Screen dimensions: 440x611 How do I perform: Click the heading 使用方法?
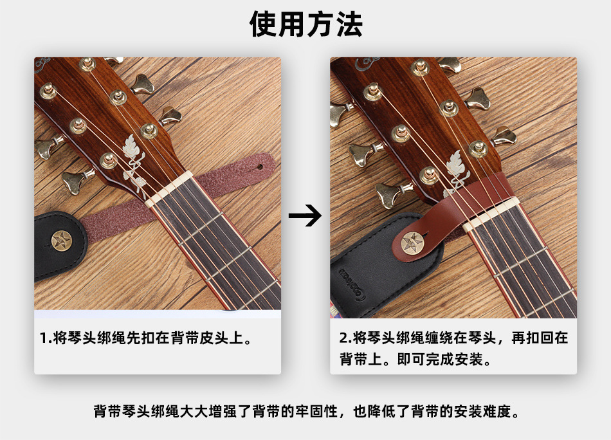[x=305, y=24]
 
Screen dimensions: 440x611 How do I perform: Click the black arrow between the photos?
[x=304, y=216]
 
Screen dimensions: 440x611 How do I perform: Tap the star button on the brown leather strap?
[x=411, y=243]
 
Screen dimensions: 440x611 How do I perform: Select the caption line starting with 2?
[x=453, y=338]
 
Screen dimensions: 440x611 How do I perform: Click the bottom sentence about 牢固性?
[x=305, y=410]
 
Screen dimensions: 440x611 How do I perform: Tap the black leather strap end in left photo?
[x=55, y=248]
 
